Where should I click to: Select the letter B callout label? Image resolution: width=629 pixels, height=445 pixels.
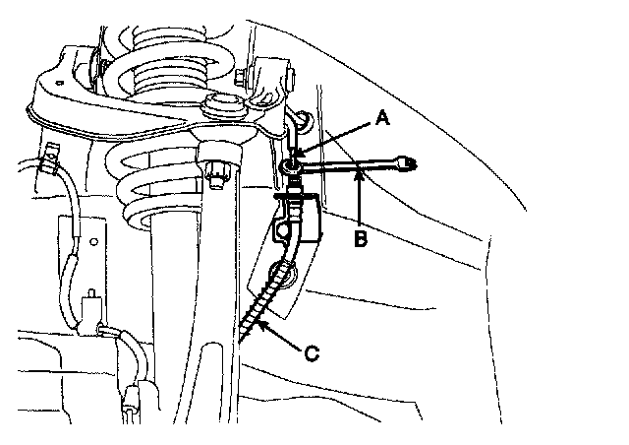coord(363,238)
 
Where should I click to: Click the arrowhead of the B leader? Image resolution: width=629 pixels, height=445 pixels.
coord(363,173)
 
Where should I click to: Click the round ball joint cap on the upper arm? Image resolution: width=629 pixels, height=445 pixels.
coord(219,106)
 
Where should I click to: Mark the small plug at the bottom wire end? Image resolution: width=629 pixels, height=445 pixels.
coord(132,404)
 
